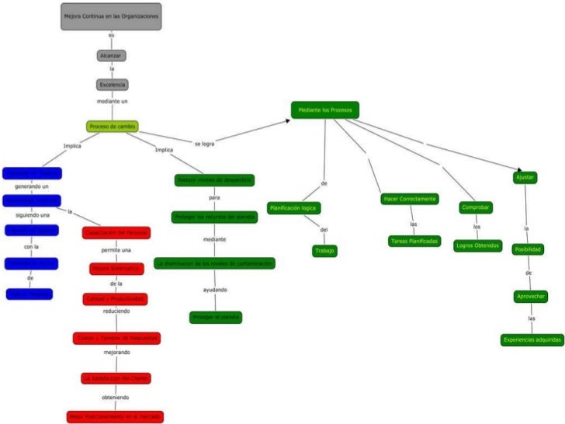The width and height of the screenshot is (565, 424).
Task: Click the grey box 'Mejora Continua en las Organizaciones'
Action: [111, 16]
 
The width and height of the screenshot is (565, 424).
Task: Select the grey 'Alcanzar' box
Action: [111, 55]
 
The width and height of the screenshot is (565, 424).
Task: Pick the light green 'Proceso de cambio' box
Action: [113, 127]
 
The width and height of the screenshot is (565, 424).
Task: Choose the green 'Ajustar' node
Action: [525, 178]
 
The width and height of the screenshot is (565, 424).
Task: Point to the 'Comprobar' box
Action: [476, 207]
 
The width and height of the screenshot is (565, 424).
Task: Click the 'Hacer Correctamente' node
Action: [410, 199]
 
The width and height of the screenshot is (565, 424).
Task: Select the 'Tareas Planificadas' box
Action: [414, 241]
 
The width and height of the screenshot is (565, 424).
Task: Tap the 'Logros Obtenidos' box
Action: [476, 245]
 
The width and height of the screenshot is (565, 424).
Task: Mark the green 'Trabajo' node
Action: [324, 250]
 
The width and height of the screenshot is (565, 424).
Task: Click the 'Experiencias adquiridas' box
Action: [532, 339]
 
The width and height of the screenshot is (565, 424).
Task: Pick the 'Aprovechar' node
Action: [532, 297]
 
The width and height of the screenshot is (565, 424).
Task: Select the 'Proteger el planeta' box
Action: [215, 317]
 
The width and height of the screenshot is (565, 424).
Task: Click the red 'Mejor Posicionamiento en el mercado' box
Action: [115, 416]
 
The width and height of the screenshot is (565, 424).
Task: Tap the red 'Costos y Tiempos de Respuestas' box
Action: [116, 338]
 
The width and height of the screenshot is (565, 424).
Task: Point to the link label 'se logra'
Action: [204, 144]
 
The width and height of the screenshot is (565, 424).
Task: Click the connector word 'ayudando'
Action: [215, 290]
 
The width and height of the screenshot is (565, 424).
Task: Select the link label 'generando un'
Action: [32, 186]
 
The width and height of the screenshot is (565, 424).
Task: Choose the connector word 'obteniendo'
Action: [115, 397]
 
